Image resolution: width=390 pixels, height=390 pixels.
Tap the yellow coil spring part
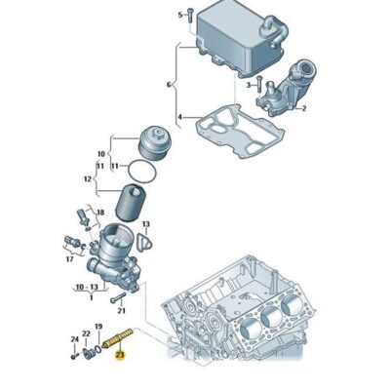[118, 339]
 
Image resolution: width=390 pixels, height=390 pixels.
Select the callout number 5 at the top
[180, 15]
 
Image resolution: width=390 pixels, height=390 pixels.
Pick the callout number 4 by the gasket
[180, 120]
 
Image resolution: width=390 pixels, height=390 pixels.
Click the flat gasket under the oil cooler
[231, 131]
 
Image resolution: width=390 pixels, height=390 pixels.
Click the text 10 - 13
[86, 289]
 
